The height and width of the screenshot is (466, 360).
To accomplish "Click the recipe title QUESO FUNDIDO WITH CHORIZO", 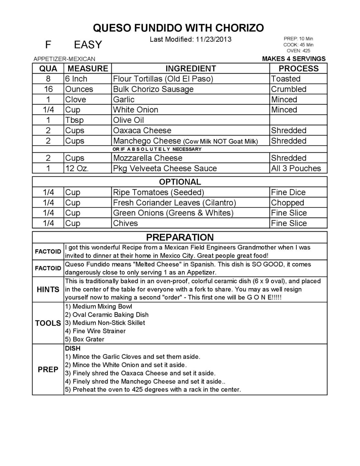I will (178, 28).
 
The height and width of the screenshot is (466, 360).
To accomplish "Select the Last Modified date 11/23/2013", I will (213, 40).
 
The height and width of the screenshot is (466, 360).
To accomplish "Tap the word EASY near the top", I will (88, 45).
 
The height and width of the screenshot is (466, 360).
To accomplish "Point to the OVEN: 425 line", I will (298, 51).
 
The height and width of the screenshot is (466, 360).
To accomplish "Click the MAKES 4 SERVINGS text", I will (294, 59).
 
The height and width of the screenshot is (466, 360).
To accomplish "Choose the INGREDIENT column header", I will (191, 68).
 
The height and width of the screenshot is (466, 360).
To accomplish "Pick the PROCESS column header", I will (298, 68).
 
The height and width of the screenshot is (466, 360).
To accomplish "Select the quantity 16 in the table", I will (48, 89).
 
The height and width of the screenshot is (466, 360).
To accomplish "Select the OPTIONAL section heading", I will (180, 182).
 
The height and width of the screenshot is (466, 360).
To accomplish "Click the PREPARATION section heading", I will (180, 237).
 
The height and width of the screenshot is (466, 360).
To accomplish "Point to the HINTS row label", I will (48, 289).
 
